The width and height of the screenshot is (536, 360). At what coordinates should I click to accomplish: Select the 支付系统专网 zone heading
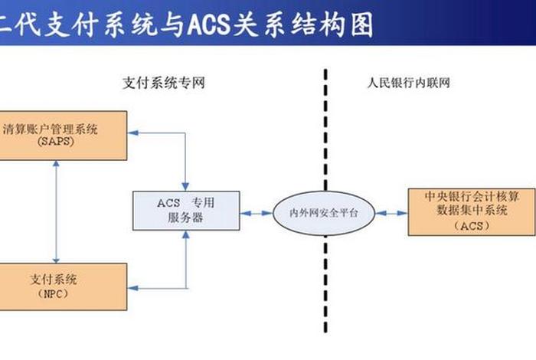(x=163, y=82)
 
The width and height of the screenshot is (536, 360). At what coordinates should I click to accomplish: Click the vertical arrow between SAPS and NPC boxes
(x=56, y=211)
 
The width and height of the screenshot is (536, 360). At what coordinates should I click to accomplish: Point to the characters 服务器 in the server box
(x=185, y=218)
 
